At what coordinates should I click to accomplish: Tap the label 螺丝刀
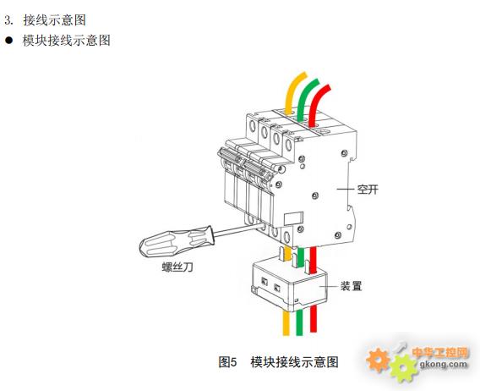point(177,267)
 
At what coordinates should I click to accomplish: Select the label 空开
point(368,190)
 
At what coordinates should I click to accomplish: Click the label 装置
point(351,286)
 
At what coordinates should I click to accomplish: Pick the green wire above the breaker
point(305,98)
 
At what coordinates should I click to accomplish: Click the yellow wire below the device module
point(286,323)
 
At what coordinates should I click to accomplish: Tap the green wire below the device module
point(299,322)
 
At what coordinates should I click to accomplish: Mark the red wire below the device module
point(314,320)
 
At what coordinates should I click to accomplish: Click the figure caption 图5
point(228,362)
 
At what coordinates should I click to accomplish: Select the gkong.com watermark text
point(444,364)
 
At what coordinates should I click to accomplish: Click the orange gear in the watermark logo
point(378,360)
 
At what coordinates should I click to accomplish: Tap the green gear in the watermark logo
point(404,367)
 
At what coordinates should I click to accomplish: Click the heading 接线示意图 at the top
point(54,20)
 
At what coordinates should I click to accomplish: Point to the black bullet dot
point(9,40)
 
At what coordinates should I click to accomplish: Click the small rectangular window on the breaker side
point(293,218)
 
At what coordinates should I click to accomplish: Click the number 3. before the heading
point(9,20)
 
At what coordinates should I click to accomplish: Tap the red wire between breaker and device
point(313,260)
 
